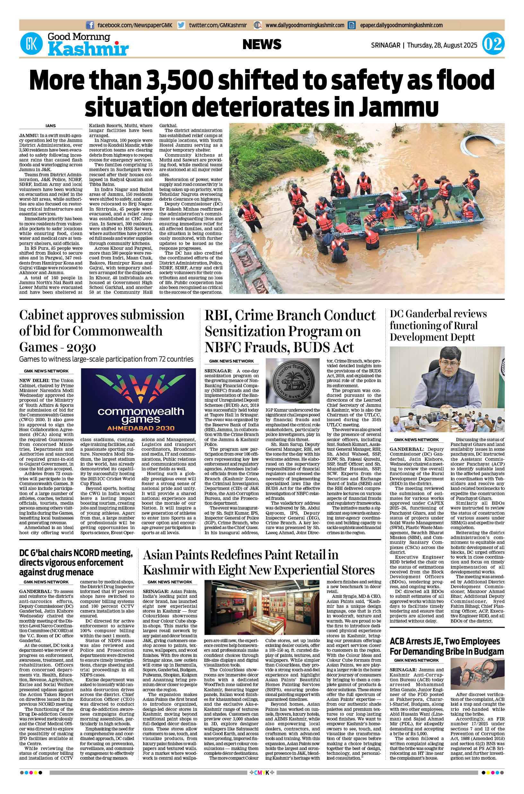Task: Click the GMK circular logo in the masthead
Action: pos(31,44)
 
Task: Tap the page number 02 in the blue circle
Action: pos(493,44)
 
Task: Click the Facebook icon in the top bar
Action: pos(90,25)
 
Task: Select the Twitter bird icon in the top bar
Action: pos(181,25)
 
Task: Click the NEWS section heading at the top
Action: pos(262,44)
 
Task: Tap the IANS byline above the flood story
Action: pos(50,126)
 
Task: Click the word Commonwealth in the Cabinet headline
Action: pos(117,331)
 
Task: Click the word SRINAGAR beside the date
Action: pos(385,45)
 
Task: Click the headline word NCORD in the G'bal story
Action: pos(90,553)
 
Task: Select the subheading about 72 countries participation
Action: pos(106,359)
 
